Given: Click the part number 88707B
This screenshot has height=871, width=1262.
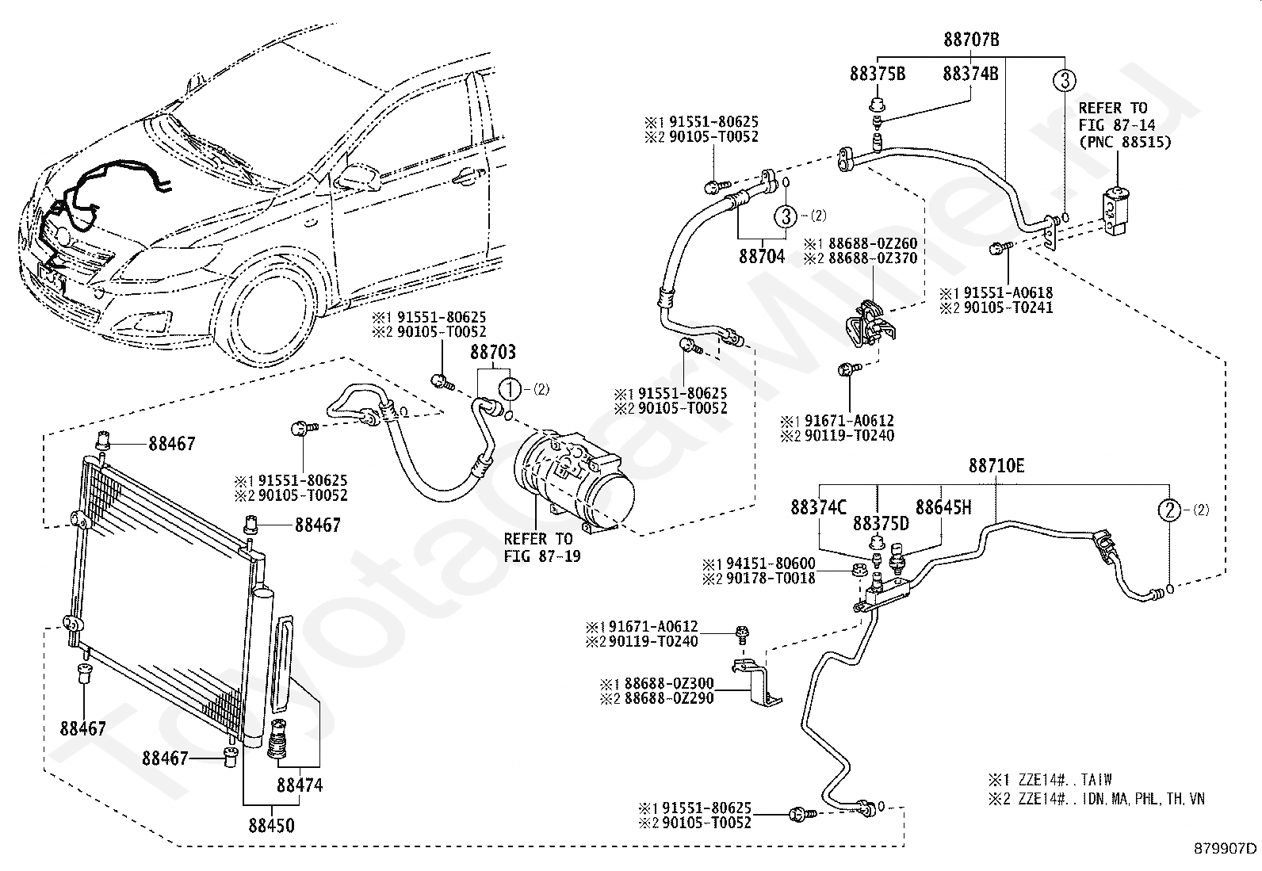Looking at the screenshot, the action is pos(971,40).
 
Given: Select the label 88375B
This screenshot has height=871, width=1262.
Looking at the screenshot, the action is pos(878,74).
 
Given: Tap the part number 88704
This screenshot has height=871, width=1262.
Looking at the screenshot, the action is pos(762,256).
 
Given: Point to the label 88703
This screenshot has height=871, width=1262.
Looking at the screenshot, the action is pos(493,352).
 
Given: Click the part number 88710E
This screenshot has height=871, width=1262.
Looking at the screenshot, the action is pos(996,466).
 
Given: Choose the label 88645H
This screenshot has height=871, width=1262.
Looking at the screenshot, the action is pos(943,507).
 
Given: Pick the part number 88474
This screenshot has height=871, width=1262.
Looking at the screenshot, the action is pos(300,785).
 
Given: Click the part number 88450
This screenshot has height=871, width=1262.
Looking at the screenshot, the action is pos(272,825).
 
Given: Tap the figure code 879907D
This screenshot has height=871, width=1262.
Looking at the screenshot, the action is pos(1225,849).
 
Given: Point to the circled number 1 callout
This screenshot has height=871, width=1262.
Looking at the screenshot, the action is pos(510,389).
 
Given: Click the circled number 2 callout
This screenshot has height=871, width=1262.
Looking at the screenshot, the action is pos(1169,510).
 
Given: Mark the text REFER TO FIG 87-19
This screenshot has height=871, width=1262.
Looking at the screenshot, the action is pos(542,548).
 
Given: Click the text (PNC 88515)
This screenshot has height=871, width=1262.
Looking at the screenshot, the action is pos(1125,142).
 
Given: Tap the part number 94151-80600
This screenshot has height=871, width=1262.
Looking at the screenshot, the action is pos(771,563).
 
